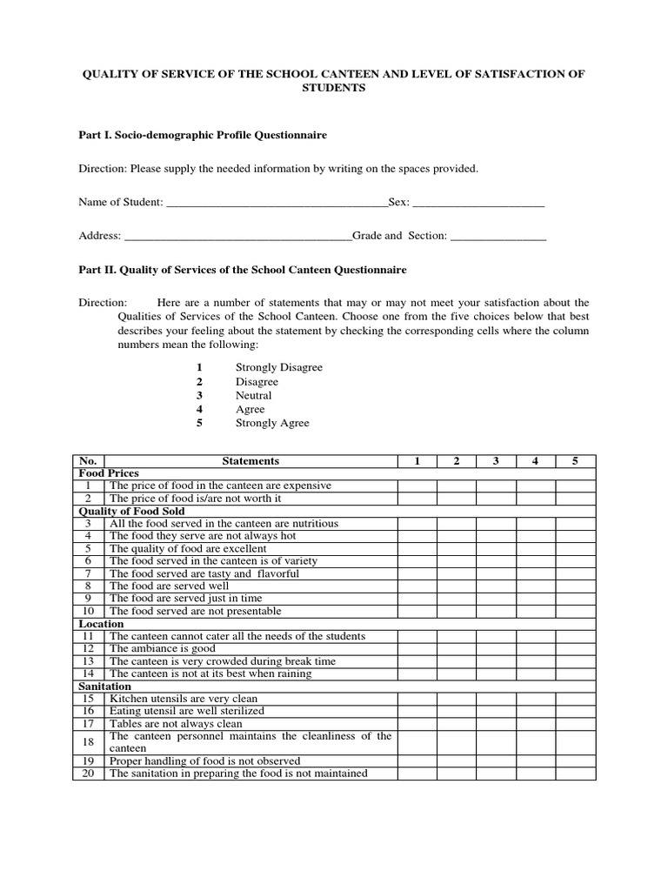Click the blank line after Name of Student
276,204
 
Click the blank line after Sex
478,204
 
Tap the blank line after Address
238,237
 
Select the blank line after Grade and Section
498,237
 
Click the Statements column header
250,461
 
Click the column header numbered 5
575,461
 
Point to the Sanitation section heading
105,687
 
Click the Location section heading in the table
102,624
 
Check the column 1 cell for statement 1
417,486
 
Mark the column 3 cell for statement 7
496,574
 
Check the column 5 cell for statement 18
575,742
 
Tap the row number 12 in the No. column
88,649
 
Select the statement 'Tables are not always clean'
176,724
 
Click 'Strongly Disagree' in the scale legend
278,367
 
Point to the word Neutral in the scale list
253,395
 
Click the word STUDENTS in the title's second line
333,89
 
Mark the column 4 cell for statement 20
535,774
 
